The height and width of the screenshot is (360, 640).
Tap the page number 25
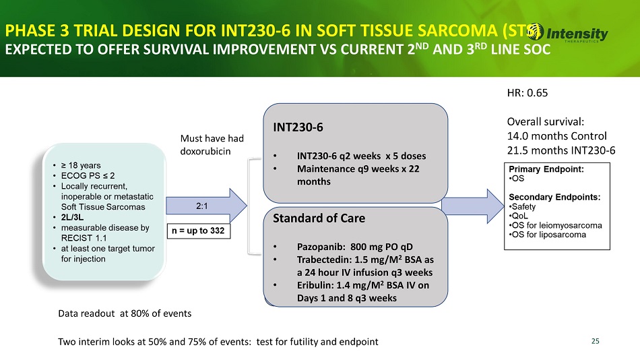595,341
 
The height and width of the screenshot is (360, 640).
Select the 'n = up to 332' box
198,231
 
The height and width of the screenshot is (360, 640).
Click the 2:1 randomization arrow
206,206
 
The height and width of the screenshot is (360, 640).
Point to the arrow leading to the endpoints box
473,206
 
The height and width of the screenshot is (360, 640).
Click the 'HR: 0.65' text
527,93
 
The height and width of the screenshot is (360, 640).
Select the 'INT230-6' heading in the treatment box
298,127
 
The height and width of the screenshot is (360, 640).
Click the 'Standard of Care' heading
319,218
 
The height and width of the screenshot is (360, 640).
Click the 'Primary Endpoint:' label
546,169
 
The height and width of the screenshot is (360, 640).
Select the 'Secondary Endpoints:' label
554,197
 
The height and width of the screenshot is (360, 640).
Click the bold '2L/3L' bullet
72,217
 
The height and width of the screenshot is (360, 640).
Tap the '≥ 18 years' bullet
81,165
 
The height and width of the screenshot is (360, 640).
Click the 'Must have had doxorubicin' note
212,145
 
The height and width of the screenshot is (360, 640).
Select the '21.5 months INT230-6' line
561,150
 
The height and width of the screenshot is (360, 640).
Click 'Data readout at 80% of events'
125,313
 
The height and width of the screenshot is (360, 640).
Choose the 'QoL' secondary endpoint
519,216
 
